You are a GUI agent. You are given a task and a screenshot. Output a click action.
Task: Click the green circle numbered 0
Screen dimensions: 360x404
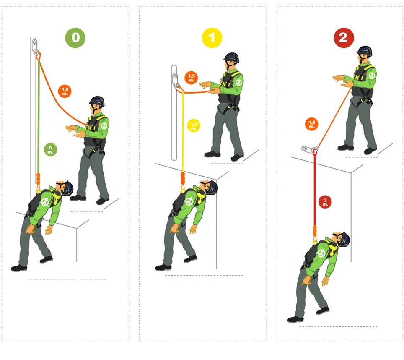click(75, 38)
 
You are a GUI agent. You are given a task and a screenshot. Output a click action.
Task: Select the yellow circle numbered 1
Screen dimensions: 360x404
click(212, 38)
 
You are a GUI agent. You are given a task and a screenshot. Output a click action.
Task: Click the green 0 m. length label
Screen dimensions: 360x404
click(50, 149)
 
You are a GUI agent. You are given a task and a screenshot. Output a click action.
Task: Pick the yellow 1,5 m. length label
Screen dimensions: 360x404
click(193, 125)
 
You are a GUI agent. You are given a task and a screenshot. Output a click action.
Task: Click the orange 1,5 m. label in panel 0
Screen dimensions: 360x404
click(65, 90)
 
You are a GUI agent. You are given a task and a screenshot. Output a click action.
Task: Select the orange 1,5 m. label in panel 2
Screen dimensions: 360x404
click(311, 124)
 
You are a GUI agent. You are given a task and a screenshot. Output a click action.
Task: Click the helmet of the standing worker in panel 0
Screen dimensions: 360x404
click(96, 102)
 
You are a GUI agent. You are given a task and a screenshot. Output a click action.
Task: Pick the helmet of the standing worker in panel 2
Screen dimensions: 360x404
click(365, 51)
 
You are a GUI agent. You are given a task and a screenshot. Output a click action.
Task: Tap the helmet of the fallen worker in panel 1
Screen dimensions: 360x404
click(211, 186)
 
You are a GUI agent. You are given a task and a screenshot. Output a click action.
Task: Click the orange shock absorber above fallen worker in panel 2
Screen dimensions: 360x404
click(315, 232)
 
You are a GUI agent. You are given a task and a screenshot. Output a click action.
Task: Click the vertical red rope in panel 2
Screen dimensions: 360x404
click(315, 185)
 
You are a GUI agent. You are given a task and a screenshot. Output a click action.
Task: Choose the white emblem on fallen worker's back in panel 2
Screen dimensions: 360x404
click(321, 253)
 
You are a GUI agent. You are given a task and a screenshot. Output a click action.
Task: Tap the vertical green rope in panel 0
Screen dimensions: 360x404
click(39, 117)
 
